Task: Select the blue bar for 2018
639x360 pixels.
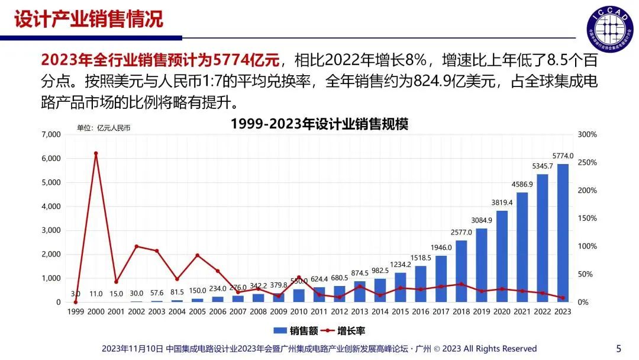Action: (x=461, y=271)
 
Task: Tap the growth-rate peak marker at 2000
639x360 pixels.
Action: (x=96, y=153)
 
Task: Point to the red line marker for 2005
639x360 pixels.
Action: (x=197, y=255)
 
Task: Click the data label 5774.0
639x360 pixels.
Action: (x=563, y=156)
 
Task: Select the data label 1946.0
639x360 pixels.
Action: (x=441, y=247)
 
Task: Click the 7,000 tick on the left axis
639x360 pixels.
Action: (x=51, y=135)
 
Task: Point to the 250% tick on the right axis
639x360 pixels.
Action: (x=587, y=163)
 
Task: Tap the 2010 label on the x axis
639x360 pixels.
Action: (x=299, y=311)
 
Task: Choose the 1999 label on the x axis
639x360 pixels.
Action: (x=76, y=311)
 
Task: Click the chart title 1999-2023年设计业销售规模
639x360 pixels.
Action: (x=319, y=124)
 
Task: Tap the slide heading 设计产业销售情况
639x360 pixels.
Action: (x=88, y=19)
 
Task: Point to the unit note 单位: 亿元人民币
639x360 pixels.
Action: (x=104, y=127)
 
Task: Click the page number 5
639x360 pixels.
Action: (x=619, y=348)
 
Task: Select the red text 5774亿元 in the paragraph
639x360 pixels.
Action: (x=248, y=59)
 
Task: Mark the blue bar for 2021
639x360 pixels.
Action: (x=522, y=247)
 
